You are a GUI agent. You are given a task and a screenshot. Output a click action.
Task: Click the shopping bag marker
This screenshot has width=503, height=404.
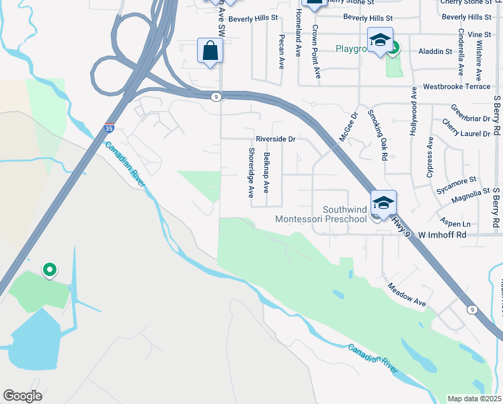pyautogui.click(x=210, y=51)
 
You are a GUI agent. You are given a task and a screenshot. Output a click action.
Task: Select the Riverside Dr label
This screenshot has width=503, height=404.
pyautogui.click(x=276, y=140)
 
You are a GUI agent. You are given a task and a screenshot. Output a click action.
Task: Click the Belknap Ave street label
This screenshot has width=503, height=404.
pyautogui.click(x=267, y=173)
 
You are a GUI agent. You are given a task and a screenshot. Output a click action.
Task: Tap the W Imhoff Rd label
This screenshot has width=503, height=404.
pyautogui.click(x=442, y=235)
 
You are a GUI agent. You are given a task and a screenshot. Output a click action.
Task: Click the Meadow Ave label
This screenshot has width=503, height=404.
pyautogui.click(x=406, y=295)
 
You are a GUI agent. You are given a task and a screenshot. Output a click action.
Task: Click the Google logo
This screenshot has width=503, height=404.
pyautogui.click(x=22, y=395)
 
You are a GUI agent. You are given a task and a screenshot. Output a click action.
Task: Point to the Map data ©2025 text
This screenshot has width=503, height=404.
pyautogui.click(x=475, y=399)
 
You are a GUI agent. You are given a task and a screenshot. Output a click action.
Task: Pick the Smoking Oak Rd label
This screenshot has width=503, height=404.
pyautogui.click(x=379, y=135)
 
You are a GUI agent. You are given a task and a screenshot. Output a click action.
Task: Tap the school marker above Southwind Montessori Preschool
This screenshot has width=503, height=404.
pyautogui.click(x=383, y=203)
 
